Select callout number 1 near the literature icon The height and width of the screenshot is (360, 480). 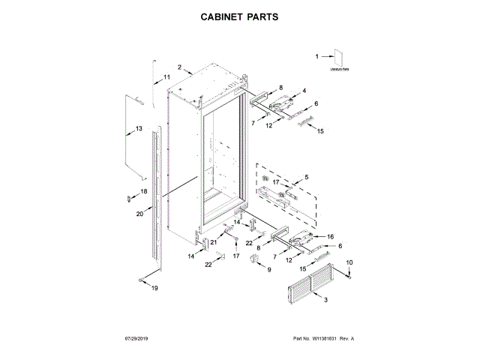click(x=316, y=55)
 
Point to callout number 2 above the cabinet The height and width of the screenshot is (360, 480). click(x=180, y=67)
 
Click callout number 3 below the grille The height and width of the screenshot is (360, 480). click(x=325, y=300)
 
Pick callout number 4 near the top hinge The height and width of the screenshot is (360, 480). click(x=304, y=91)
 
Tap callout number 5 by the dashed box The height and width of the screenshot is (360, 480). click(x=305, y=177)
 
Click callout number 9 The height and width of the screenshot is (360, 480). click(x=270, y=268)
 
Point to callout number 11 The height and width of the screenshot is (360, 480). click(x=166, y=77)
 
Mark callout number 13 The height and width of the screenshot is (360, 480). click(x=139, y=129)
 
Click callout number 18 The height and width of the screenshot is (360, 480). click(x=144, y=192)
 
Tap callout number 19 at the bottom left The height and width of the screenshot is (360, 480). click(x=155, y=288)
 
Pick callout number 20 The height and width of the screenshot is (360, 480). click(x=139, y=214)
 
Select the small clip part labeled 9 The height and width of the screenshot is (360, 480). click(x=255, y=259)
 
